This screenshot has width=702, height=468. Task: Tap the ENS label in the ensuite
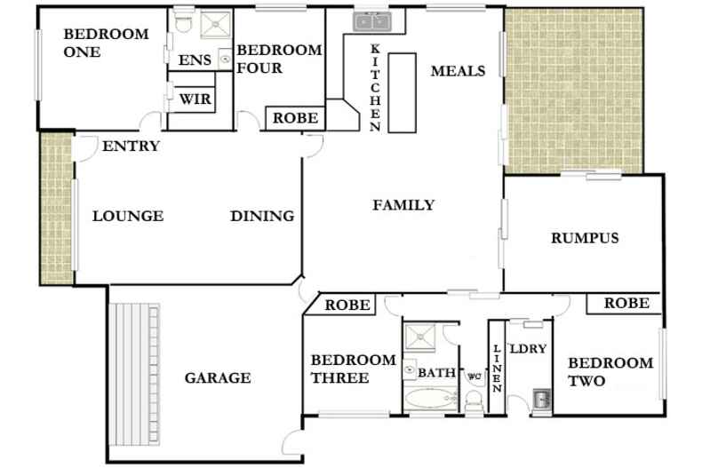[195, 60]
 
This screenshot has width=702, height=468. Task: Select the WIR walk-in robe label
[195, 99]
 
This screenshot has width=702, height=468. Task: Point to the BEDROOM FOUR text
[279, 59]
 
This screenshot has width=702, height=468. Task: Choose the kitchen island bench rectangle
[402, 91]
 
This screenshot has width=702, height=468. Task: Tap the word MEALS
[458, 71]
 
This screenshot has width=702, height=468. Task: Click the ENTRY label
[131, 147]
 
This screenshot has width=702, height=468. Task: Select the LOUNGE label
[128, 216]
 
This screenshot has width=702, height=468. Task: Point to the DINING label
[262, 216]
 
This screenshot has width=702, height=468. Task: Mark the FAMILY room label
[403, 205]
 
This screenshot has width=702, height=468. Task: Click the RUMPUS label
[585, 238]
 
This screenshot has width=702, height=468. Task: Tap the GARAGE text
[218, 378]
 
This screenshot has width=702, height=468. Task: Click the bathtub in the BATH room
[430, 397]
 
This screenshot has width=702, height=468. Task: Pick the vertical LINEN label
[497, 369]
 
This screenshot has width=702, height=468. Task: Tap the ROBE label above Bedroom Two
[626, 304]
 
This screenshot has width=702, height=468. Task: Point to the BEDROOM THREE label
[352, 369]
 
